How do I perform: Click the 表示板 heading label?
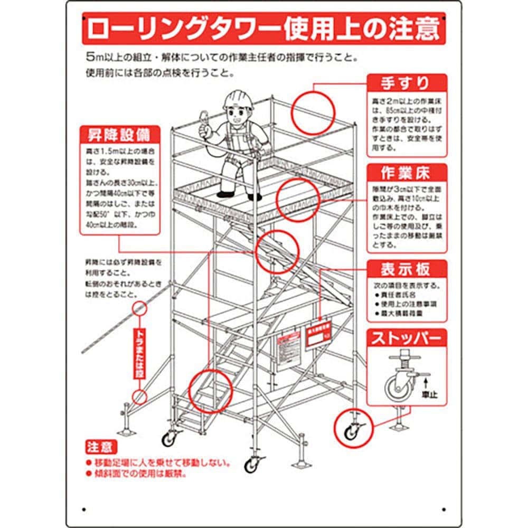pos(406,269)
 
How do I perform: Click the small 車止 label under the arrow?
pos(429,394)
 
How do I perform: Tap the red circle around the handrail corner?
pos(314,112)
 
